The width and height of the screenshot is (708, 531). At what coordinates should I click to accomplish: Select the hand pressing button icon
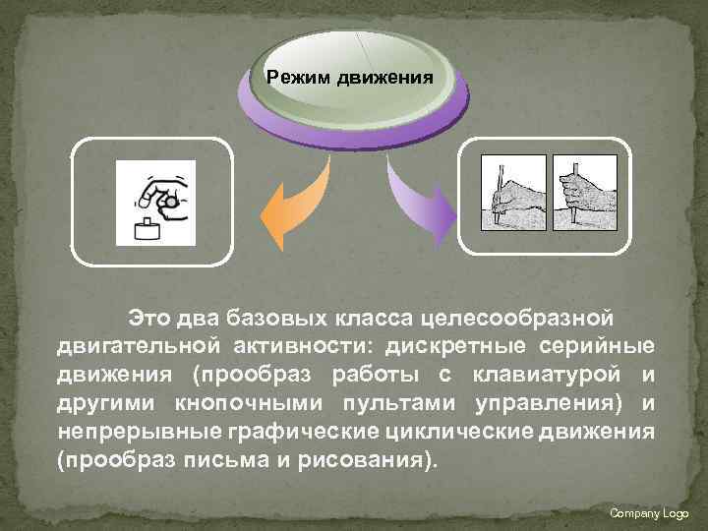pos(156,202)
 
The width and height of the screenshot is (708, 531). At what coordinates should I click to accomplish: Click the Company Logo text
pos(649,513)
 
